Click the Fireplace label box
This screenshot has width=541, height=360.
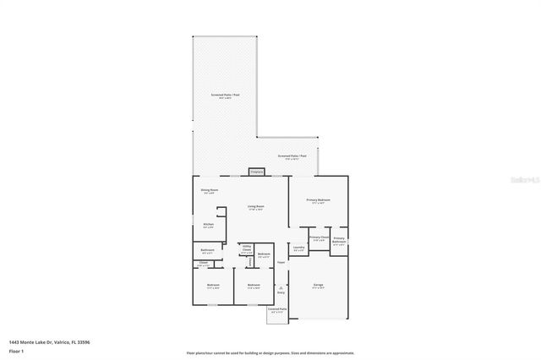[256, 172]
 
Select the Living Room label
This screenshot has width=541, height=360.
[255, 208]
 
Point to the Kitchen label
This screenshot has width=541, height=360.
[208, 225]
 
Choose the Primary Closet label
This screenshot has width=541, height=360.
[319, 239]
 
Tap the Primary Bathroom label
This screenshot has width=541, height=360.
[338, 241]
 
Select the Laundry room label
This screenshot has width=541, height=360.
[298, 249]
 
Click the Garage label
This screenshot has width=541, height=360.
[319, 286]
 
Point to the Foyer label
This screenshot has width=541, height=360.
[281, 263]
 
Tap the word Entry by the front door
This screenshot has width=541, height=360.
[281, 292]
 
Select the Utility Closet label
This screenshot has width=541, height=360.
[247, 250]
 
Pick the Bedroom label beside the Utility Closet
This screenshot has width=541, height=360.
[264, 255]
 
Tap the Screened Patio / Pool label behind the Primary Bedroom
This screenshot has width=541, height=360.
[292, 157]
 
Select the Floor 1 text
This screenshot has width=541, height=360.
[16, 350]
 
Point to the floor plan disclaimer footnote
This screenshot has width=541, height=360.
[270, 352]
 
